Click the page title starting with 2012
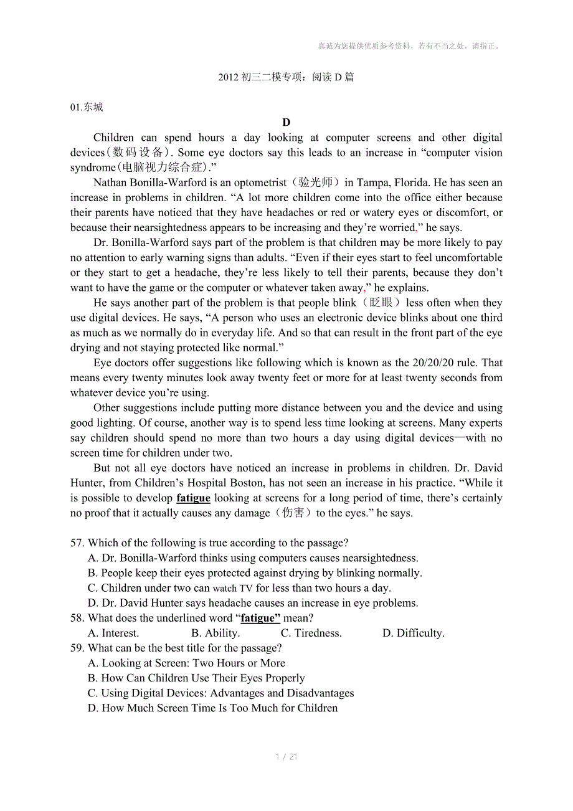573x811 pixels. click(x=286, y=77)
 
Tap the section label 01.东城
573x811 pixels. click(x=87, y=107)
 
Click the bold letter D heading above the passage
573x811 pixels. click(x=286, y=123)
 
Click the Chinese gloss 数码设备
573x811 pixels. click(x=139, y=153)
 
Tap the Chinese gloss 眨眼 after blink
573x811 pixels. click(x=381, y=303)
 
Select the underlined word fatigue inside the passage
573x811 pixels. click(x=193, y=498)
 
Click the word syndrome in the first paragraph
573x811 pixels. click(x=93, y=168)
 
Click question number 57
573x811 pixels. click(x=77, y=543)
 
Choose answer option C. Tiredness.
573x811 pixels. click(x=311, y=633)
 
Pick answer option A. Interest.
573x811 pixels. click(x=113, y=633)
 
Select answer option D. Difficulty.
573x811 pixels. click(x=413, y=633)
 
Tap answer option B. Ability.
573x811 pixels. click(x=215, y=633)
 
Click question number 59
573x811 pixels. click(x=77, y=648)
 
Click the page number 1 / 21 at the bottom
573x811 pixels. click(x=286, y=757)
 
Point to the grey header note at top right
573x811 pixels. click(x=409, y=45)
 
